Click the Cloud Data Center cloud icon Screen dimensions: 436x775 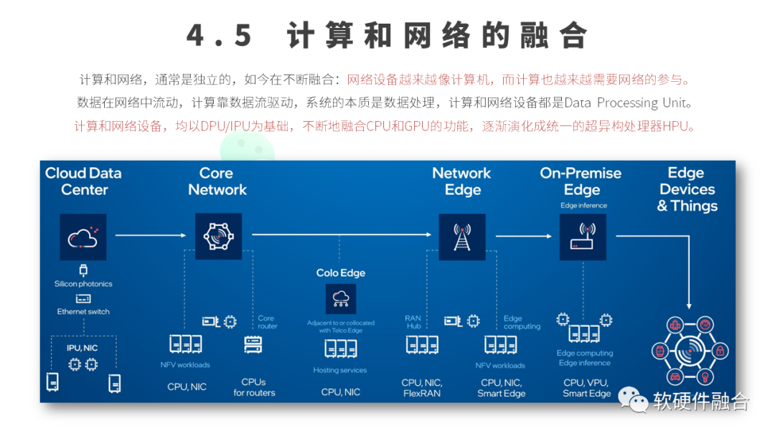pyautogui.click(x=83, y=237)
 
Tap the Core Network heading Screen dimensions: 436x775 pyautogui.click(x=217, y=181)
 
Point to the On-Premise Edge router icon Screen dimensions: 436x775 pyautogui.click(x=582, y=237)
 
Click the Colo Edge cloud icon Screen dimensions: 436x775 pyautogui.click(x=341, y=298)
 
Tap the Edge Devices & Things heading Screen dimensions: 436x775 pyautogui.click(x=687, y=189)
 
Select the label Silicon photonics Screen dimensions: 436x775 pyautogui.click(x=83, y=284)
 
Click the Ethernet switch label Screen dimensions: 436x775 pyautogui.click(x=83, y=312)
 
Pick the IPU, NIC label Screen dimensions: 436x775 pyautogui.click(x=83, y=348)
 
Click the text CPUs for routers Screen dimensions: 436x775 pyautogui.click(x=254, y=387)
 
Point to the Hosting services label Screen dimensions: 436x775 pyautogui.click(x=340, y=371)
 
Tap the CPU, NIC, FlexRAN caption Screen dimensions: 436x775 pyautogui.click(x=422, y=388)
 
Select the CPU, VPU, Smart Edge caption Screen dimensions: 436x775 pyautogui.click(x=586, y=388)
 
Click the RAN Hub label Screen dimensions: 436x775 pyautogui.click(x=413, y=322)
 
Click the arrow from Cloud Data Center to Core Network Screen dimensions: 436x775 pyautogui.click(x=150, y=234)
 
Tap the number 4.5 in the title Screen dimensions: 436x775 pyautogui.click(x=219, y=36)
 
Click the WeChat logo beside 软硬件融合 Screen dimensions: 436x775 pyautogui.click(x=634, y=402)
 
